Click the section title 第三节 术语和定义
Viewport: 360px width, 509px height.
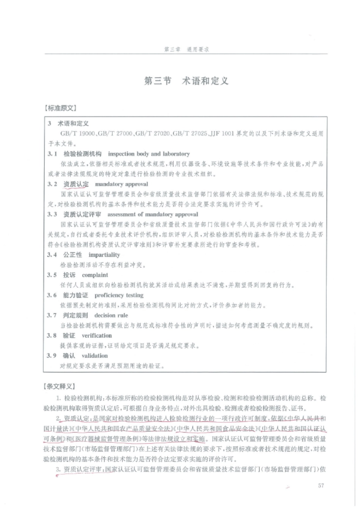click(x=186, y=81)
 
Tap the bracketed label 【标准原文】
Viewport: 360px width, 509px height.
click(x=60, y=108)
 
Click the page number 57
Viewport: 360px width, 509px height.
click(x=321, y=486)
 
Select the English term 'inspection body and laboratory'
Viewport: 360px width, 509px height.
click(x=149, y=154)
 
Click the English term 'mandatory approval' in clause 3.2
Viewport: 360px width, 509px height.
click(x=121, y=184)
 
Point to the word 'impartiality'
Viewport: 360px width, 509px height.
click(x=104, y=255)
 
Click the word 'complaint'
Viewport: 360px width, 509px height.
click(x=95, y=275)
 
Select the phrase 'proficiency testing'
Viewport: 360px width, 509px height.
click(x=119, y=295)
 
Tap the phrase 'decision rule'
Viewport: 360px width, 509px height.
click(x=111, y=315)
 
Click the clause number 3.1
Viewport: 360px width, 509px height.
click(x=52, y=154)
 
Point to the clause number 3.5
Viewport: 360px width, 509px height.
click(x=52, y=275)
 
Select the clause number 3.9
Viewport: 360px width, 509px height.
click(x=52, y=356)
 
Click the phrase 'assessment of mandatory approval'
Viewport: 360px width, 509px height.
click(x=152, y=214)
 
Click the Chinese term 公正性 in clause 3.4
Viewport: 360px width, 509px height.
click(x=72, y=255)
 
